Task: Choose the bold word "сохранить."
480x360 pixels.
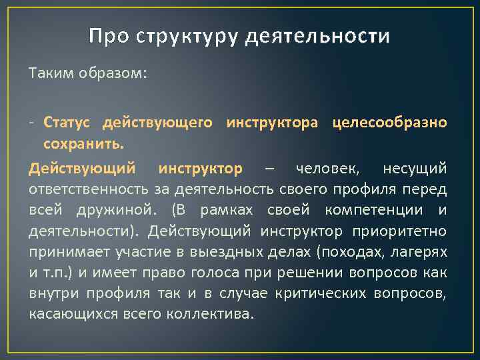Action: (83, 144)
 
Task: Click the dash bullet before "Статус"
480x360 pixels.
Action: (31, 123)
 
